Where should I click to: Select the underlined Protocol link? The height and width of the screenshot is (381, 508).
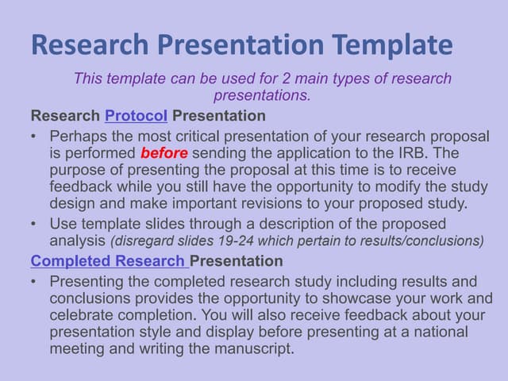[136, 116]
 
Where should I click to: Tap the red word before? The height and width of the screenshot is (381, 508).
[164, 152]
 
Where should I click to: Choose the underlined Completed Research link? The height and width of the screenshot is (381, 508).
[109, 261]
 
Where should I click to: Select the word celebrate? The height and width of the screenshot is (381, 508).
[82, 315]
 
